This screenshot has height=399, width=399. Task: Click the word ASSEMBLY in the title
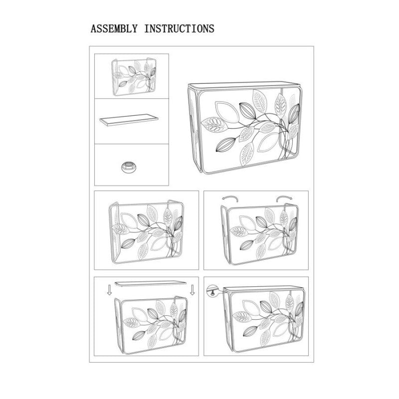(x=114, y=28)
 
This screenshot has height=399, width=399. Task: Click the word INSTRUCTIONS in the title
(x=179, y=28)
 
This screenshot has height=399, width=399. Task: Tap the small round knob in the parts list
(x=129, y=167)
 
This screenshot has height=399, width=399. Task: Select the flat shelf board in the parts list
(x=129, y=120)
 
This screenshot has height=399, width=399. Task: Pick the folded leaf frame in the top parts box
(x=134, y=77)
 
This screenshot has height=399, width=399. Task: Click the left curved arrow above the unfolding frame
(x=230, y=198)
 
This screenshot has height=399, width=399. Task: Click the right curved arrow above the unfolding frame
(x=284, y=198)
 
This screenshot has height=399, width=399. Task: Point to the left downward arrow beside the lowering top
(x=109, y=290)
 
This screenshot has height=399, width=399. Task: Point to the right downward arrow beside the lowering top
(x=193, y=290)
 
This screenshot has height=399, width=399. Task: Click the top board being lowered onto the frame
(x=151, y=284)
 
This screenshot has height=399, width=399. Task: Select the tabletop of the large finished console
(x=243, y=85)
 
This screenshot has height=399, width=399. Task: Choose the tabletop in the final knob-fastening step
(x=264, y=288)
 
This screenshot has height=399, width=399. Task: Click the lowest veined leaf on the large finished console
(x=247, y=154)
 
